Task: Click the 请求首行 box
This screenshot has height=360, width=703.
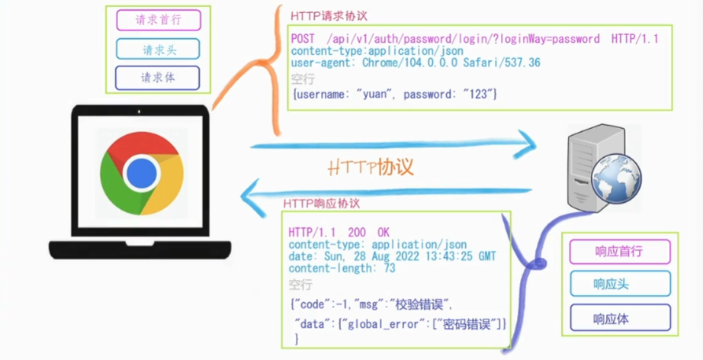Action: (x=158, y=20)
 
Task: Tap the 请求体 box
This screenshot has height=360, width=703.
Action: (x=158, y=78)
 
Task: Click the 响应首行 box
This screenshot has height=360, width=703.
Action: (x=620, y=252)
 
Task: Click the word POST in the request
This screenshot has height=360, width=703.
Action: (x=303, y=38)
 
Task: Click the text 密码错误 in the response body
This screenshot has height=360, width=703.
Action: (x=468, y=324)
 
